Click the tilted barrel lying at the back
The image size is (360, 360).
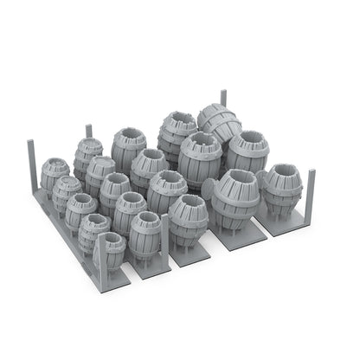[218, 123]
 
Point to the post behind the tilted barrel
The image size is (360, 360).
[223, 98]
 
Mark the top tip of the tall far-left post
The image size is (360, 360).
[31, 142]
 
